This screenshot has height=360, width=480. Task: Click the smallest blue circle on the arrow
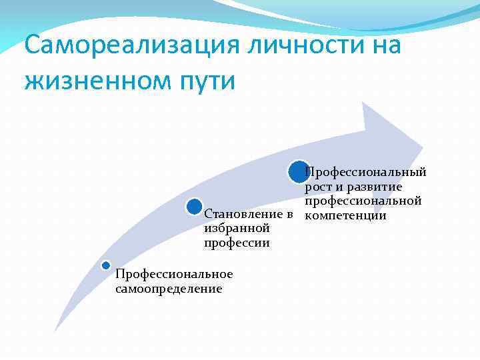coord(105,265)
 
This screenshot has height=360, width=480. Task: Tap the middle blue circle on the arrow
coord(194,207)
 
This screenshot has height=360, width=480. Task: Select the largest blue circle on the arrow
coord(299,172)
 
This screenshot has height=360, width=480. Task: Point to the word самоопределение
coord(169,289)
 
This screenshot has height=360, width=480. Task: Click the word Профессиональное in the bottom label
coord(174,274)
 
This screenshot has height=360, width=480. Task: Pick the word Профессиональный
coord(365,173)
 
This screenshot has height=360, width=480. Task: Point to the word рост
coord(319,187)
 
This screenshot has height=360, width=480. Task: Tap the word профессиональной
coord(363,201)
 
